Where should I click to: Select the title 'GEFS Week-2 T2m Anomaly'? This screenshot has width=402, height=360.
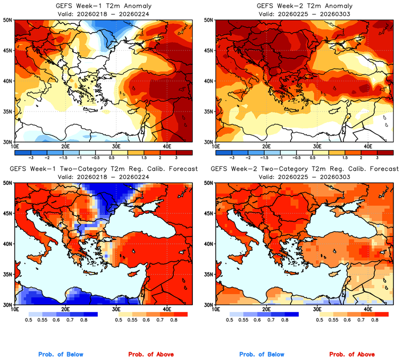304,5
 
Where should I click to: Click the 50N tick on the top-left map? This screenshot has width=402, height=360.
9,20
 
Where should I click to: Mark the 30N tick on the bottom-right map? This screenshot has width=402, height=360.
209,305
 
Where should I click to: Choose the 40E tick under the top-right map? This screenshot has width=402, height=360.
368,147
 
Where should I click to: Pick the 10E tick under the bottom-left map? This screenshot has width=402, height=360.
15,310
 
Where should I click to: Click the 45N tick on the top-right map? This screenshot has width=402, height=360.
209,51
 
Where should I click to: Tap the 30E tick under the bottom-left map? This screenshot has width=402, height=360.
116,310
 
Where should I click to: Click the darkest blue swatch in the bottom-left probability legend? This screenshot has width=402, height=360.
89,314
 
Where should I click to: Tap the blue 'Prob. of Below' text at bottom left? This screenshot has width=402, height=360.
60,355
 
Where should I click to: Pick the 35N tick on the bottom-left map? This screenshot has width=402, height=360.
9,274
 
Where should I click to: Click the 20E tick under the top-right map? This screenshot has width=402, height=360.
267,147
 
